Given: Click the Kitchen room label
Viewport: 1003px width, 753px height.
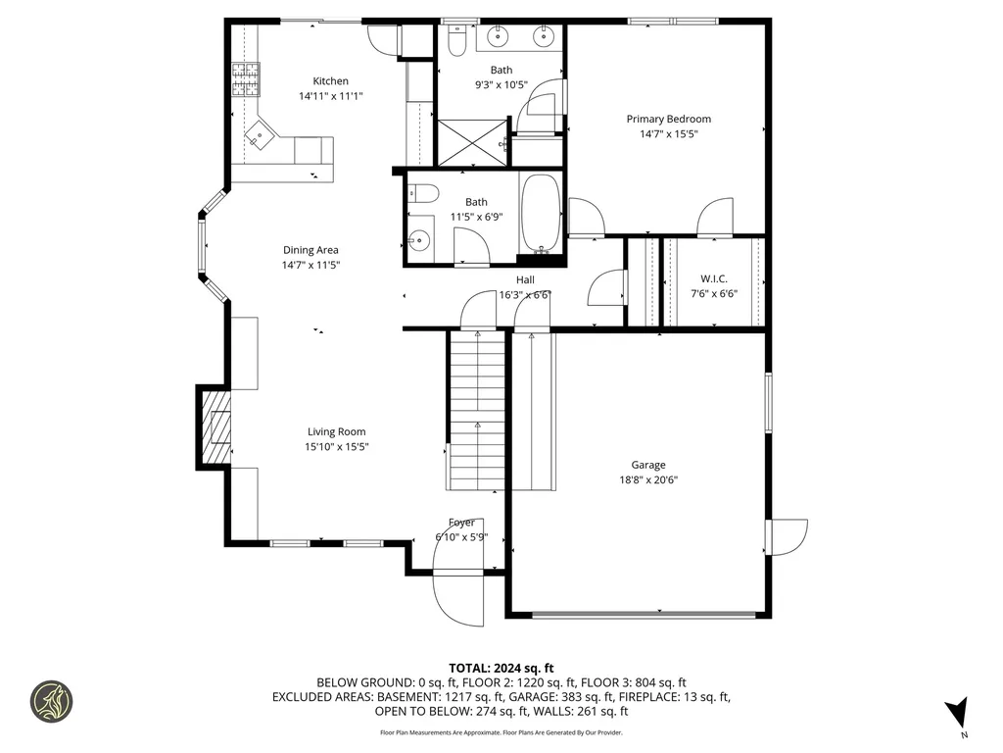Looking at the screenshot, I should click(x=330, y=81).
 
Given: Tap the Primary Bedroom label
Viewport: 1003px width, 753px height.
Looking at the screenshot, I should click(x=668, y=119).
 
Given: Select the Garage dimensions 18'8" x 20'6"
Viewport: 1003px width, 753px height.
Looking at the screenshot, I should click(x=648, y=479).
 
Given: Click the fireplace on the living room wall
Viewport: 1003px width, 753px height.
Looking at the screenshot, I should click(x=215, y=425).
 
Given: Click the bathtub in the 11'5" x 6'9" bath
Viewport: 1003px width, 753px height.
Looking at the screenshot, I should click(x=540, y=214).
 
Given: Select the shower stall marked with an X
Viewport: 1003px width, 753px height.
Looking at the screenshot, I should click(x=471, y=140).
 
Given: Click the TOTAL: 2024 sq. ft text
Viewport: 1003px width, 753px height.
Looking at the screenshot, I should click(x=501, y=668).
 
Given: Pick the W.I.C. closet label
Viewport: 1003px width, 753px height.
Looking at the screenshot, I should click(x=713, y=278).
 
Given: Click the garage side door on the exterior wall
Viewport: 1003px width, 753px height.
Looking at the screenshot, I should click(x=788, y=535).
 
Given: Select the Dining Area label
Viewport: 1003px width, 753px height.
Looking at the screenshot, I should click(x=310, y=250).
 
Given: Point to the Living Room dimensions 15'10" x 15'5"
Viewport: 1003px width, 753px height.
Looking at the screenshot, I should click(x=336, y=446).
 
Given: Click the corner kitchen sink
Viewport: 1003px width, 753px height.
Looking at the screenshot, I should click(x=259, y=137).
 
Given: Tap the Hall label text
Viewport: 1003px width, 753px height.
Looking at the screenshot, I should click(x=525, y=279).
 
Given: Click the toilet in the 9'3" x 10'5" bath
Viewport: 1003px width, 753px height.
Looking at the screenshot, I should click(x=456, y=39).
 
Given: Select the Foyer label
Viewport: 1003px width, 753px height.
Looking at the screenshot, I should click(x=461, y=523).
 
